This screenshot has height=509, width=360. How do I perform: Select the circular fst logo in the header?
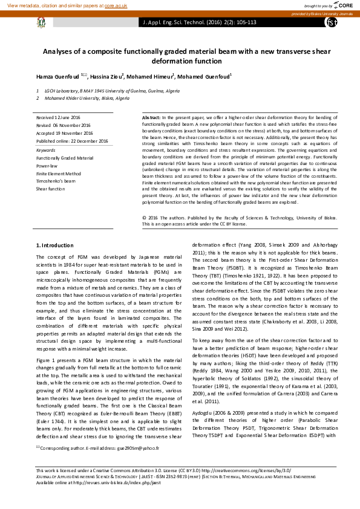pos(331,22)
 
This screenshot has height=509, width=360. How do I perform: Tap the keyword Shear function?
pos(50,189)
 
